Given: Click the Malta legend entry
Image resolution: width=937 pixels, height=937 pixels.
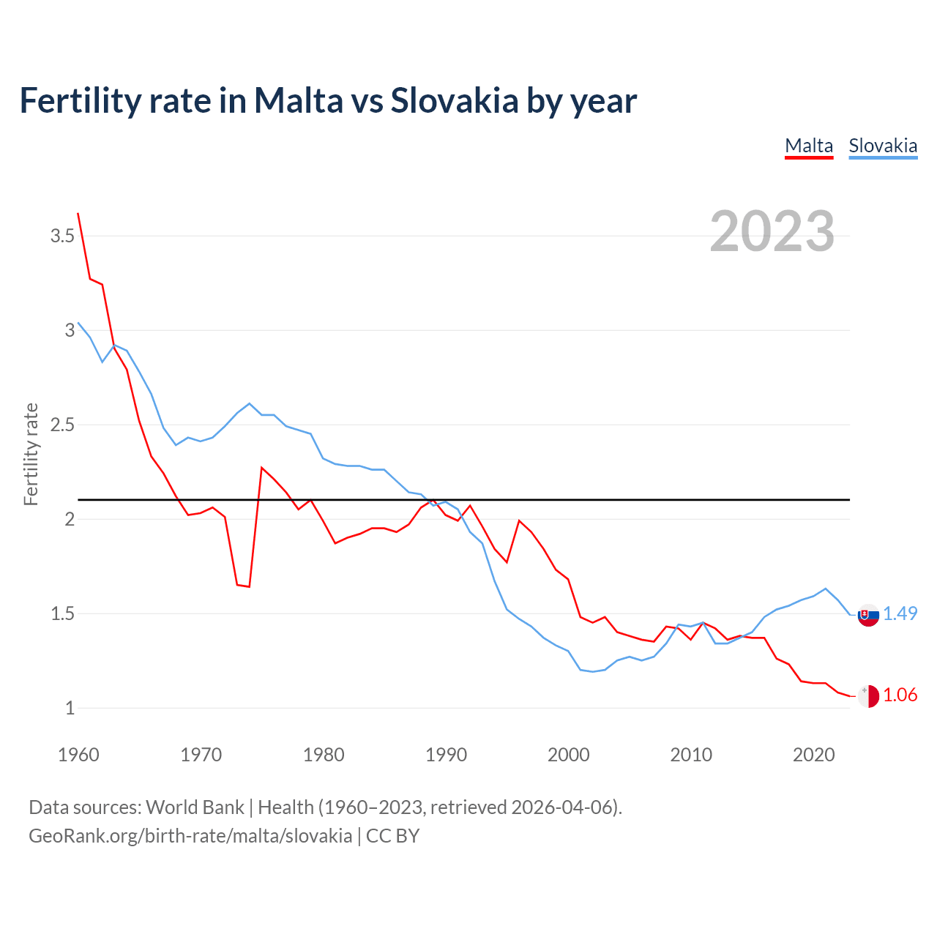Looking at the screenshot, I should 809,146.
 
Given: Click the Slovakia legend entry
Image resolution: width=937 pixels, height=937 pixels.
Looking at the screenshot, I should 883,146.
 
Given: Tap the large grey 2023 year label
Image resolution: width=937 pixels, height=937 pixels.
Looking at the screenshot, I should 772,231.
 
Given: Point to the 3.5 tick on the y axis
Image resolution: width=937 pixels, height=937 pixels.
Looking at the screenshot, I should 62,236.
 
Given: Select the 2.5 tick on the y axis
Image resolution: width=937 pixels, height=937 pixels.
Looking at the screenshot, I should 62,425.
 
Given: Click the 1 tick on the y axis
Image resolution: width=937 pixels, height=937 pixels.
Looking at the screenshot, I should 70,708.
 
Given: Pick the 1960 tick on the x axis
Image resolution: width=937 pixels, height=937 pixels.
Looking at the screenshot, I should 78,755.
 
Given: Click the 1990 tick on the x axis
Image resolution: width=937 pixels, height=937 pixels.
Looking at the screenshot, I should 446,755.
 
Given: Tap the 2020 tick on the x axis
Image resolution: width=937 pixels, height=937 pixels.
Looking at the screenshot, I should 813,755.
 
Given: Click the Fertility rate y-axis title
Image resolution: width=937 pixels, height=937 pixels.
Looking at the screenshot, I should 31,454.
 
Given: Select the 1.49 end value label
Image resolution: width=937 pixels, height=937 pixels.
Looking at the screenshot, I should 900,613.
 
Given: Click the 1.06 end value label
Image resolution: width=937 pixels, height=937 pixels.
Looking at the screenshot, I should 900,695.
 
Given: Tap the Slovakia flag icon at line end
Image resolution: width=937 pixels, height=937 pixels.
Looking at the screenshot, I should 868,616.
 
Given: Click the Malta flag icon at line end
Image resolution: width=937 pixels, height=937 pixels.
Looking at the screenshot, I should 868,696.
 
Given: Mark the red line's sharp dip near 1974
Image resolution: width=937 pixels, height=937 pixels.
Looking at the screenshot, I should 249,586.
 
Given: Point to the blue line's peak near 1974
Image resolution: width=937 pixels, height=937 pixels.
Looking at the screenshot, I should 250,403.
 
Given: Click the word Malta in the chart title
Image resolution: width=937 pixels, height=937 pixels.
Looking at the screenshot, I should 299,100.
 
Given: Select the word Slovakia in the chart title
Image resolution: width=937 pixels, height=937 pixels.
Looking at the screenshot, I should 454,100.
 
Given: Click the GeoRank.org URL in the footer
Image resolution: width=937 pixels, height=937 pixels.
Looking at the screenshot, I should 190,836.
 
